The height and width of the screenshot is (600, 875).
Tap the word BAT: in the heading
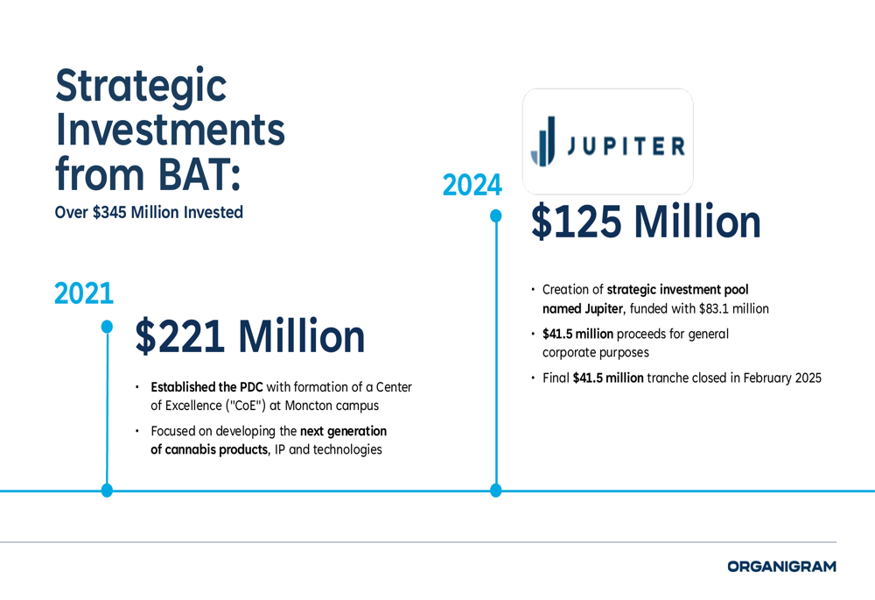(x=199, y=173)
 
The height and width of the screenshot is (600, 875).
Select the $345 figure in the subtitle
(x=110, y=213)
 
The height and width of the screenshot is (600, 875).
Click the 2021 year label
(x=84, y=293)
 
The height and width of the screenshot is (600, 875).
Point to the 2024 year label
(x=472, y=185)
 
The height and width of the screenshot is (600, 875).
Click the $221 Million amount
(x=249, y=336)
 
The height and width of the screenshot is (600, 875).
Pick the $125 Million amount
(x=646, y=222)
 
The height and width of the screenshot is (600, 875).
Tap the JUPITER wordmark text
(x=626, y=145)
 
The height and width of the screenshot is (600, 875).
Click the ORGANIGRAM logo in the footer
(x=781, y=567)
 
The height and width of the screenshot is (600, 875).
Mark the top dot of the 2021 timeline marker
(x=107, y=326)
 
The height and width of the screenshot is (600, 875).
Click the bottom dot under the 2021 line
(x=107, y=491)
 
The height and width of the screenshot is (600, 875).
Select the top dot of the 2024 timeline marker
(x=495, y=215)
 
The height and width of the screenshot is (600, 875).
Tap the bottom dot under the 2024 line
(x=495, y=491)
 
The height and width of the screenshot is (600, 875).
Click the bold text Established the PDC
(x=206, y=387)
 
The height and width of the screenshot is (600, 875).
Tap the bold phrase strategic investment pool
(x=677, y=290)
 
